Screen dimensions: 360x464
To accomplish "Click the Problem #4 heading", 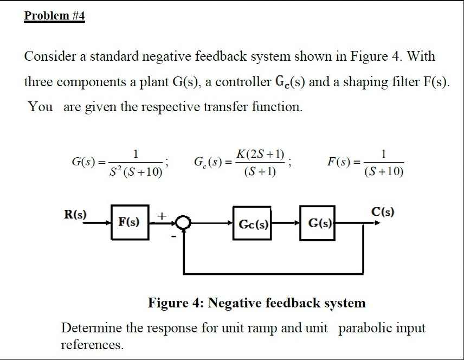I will (x=55, y=16).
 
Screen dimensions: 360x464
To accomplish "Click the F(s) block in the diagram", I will (x=129, y=222).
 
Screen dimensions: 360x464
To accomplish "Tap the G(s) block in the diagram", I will (x=318, y=222).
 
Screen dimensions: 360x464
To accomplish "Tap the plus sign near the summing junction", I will (x=160, y=215).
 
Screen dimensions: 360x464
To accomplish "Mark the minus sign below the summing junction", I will (x=174, y=236).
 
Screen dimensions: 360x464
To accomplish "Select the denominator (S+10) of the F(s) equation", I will (x=384, y=172).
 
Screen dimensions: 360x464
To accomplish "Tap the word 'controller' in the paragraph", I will (x=242, y=82).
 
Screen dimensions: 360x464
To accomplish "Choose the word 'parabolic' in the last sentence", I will (x=363, y=328).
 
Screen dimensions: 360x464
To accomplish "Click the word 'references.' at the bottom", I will (x=92, y=344).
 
